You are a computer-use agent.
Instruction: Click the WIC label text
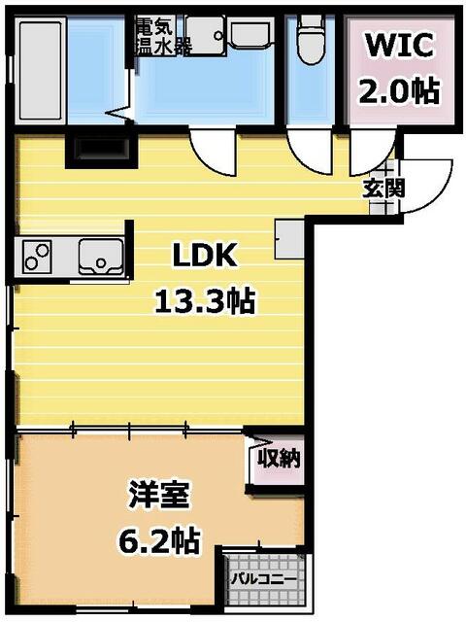(x=401, y=45)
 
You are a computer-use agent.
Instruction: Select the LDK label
(x=205, y=256)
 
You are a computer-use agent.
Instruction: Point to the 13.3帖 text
(x=205, y=301)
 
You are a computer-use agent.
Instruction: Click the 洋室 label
(x=160, y=494)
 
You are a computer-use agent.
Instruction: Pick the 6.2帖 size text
(x=160, y=539)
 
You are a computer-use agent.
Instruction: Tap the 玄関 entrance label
(x=383, y=188)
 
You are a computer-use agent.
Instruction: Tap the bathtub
(x=41, y=70)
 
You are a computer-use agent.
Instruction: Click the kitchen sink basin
(x=99, y=256)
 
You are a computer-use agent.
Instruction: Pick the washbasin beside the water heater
(x=207, y=35)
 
